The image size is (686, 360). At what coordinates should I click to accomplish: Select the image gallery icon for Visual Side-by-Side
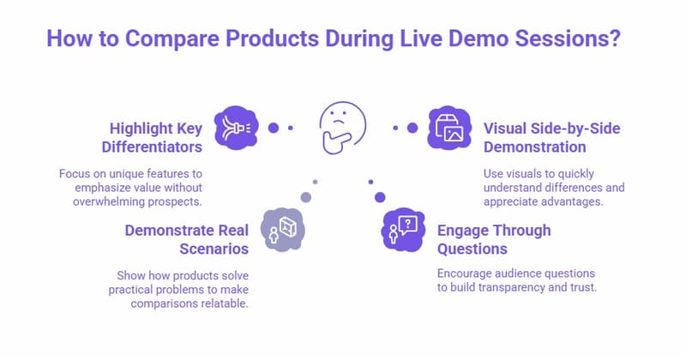448,128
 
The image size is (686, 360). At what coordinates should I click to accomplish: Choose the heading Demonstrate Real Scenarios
188,240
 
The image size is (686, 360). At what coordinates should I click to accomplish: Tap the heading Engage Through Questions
494,240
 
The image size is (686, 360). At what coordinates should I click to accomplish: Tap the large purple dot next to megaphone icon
274,128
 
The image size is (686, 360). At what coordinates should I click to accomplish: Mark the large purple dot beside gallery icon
412,128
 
